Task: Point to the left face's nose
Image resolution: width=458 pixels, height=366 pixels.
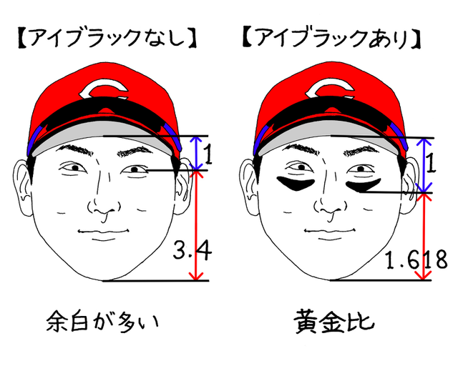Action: tap(102, 204)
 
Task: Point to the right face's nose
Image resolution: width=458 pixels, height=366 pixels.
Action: tap(330, 204)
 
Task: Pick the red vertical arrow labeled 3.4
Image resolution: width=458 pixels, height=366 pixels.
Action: tap(193, 225)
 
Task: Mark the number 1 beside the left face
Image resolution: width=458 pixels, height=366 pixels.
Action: tap(208, 154)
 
